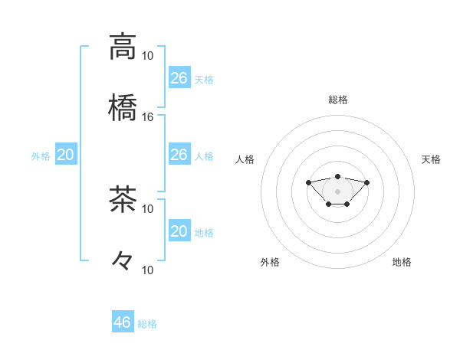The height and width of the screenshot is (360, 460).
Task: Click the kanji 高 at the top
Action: click(x=123, y=46)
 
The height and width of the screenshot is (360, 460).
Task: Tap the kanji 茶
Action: click(x=123, y=199)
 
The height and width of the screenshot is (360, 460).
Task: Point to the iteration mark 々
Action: click(x=123, y=260)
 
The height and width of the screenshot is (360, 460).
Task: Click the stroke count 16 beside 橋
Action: click(x=148, y=116)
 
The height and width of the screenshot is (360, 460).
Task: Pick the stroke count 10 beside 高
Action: click(x=148, y=55)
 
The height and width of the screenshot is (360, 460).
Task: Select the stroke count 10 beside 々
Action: click(x=148, y=270)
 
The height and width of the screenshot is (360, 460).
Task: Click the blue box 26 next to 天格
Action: click(x=179, y=77)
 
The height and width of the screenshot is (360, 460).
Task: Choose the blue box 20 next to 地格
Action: click(x=179, y=231)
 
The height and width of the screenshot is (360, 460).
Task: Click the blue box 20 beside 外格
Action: click(x=66, y=155)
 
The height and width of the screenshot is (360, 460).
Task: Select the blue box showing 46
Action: click(x=123, y=322)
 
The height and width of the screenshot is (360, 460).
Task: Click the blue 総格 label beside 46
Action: click(x=147, y=324)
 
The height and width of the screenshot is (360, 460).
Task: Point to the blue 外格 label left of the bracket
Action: click(x=41, y=156)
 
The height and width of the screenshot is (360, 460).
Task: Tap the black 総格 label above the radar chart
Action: click(x=338, y=100)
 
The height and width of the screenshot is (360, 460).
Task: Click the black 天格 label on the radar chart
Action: click(x=432, y=159)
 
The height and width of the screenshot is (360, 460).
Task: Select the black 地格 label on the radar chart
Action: click(x=402, y=262)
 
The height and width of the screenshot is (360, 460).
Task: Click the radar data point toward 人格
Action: click(x=308, y=182)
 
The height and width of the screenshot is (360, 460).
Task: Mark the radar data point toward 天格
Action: click(x=367, y=182)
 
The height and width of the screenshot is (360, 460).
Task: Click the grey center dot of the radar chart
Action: click(x=338, y=191)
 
